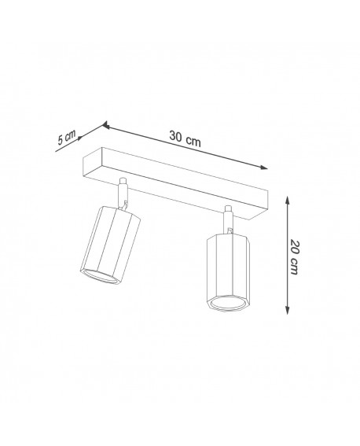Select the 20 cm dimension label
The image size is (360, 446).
(x=295, y=256)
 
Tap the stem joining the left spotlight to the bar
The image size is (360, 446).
(x=123, y=192)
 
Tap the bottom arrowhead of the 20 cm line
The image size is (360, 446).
(x=284, y=314)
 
